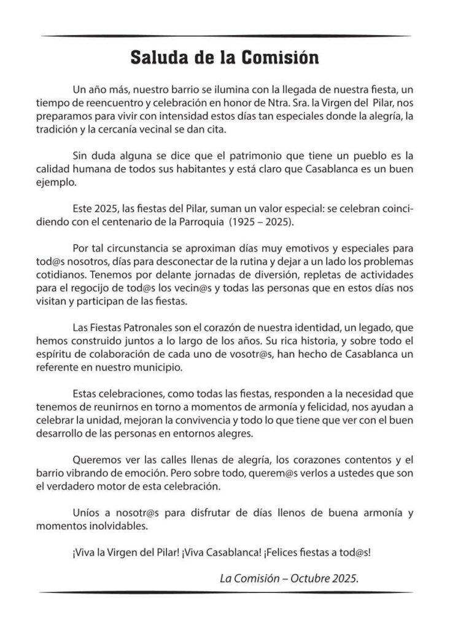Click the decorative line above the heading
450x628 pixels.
pyautogui.click(x=225, y=36)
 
